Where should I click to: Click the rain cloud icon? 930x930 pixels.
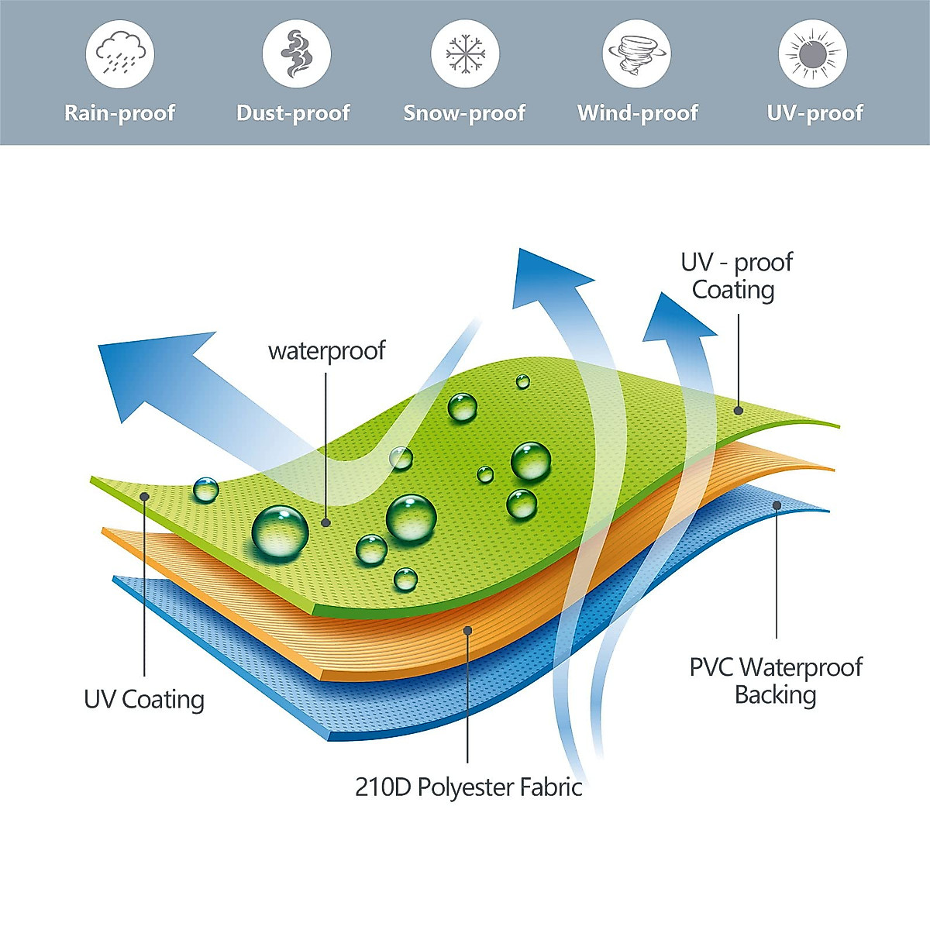pos(120,53)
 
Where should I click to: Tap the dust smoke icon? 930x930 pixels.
pos(295,53)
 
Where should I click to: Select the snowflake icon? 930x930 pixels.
pos(465,53)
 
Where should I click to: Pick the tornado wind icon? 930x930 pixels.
pos(636,53)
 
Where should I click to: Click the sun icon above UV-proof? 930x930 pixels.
pos(812,53)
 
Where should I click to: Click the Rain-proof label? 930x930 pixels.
pos(120,113)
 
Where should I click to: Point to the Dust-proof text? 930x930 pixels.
pos(294,113)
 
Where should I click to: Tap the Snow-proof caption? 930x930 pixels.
pos(465,113)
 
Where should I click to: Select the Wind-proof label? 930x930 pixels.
pos(638,113)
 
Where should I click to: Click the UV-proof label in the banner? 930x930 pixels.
pos(815,113)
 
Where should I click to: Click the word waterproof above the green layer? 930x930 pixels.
pos(326,351)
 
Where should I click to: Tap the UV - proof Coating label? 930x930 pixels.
pos(735,276)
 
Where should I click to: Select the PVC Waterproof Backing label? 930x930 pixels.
pos(775,680)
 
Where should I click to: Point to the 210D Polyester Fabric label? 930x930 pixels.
pos(468,787)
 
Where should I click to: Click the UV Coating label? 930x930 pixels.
pos(144,699)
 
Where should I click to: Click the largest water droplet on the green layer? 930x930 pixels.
pos(280,532)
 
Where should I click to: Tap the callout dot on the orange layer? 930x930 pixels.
pos(468,631)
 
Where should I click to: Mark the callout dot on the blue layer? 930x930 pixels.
pos(777,505)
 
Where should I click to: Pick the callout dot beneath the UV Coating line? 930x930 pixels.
pos(144,496)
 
